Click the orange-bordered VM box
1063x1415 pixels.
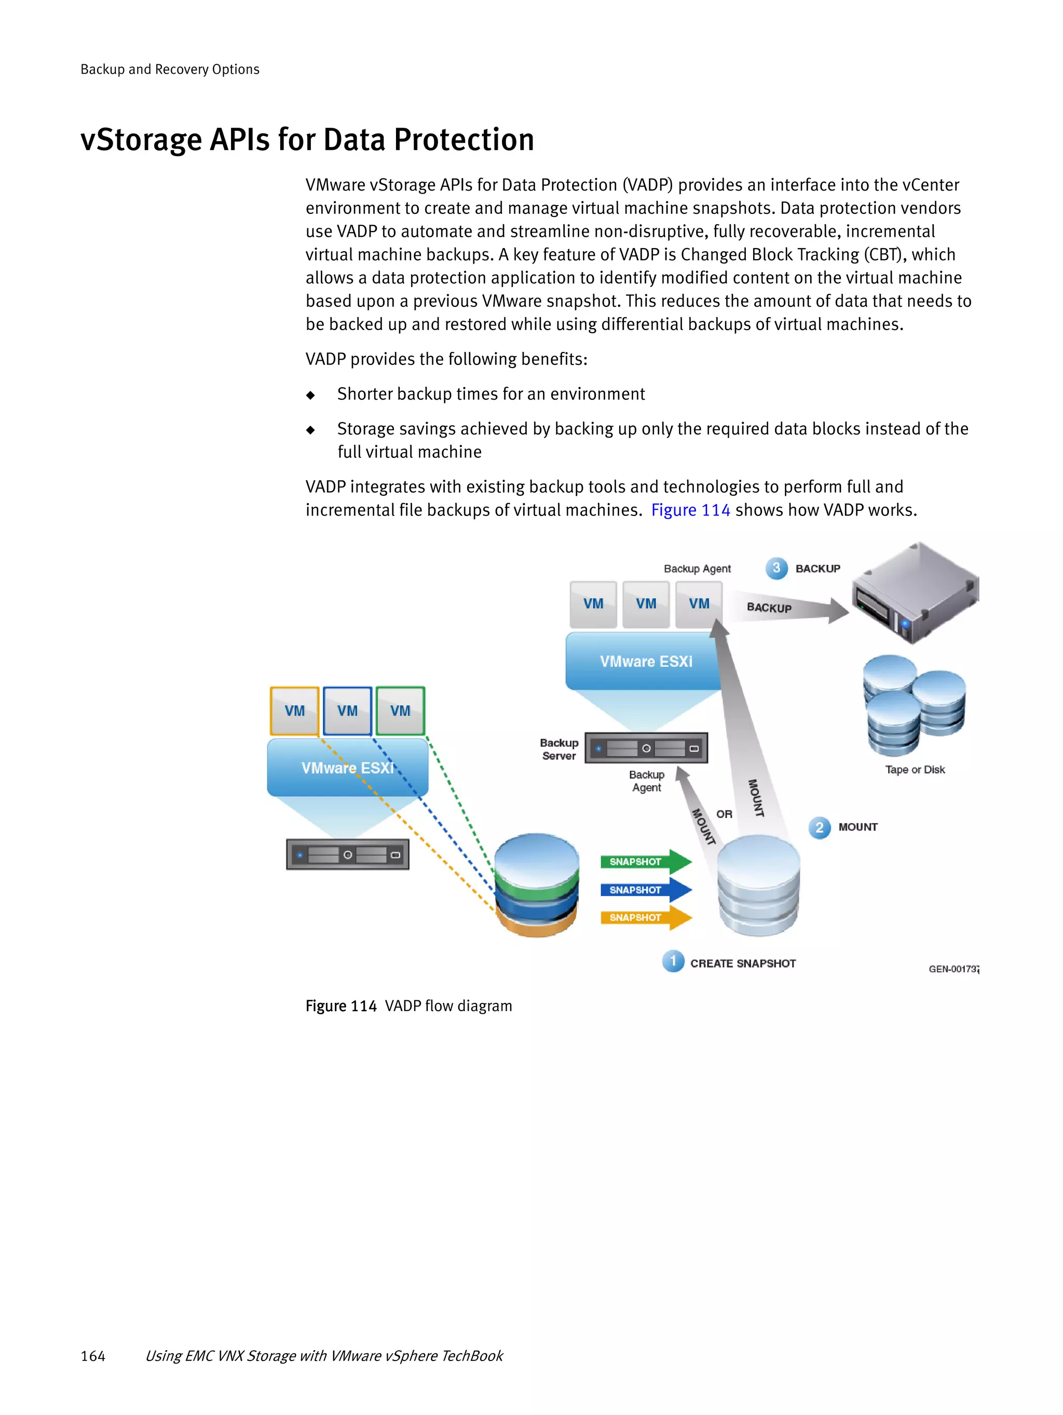click(x=294, y=711)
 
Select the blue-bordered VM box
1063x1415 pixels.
click(x=347, y=711)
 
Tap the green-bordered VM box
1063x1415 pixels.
click(x=400, y=711)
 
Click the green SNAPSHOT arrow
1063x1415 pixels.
click(x=645, y=862)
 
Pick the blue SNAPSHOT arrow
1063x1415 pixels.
click(x=645, y=890)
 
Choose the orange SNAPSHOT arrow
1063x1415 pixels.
click(x=645, y=917)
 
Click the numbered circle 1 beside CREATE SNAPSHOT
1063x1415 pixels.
click(x=673, y=961)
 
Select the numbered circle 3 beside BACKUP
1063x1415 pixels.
click(x=776, y=568)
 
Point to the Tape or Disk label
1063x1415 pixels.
click(x=915, y=770)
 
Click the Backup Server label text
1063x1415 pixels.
click(x=559, y=749)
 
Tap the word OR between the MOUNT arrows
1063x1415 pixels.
click(x=724, y=814)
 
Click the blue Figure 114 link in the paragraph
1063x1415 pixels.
click(x=690, y=510)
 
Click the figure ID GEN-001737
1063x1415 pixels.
click(x=953, y=969)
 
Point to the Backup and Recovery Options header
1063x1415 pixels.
click(x=170, y=69)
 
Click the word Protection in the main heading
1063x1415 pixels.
click(x=464, y=140)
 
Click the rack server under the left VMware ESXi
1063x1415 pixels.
click(x=347, y=854)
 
